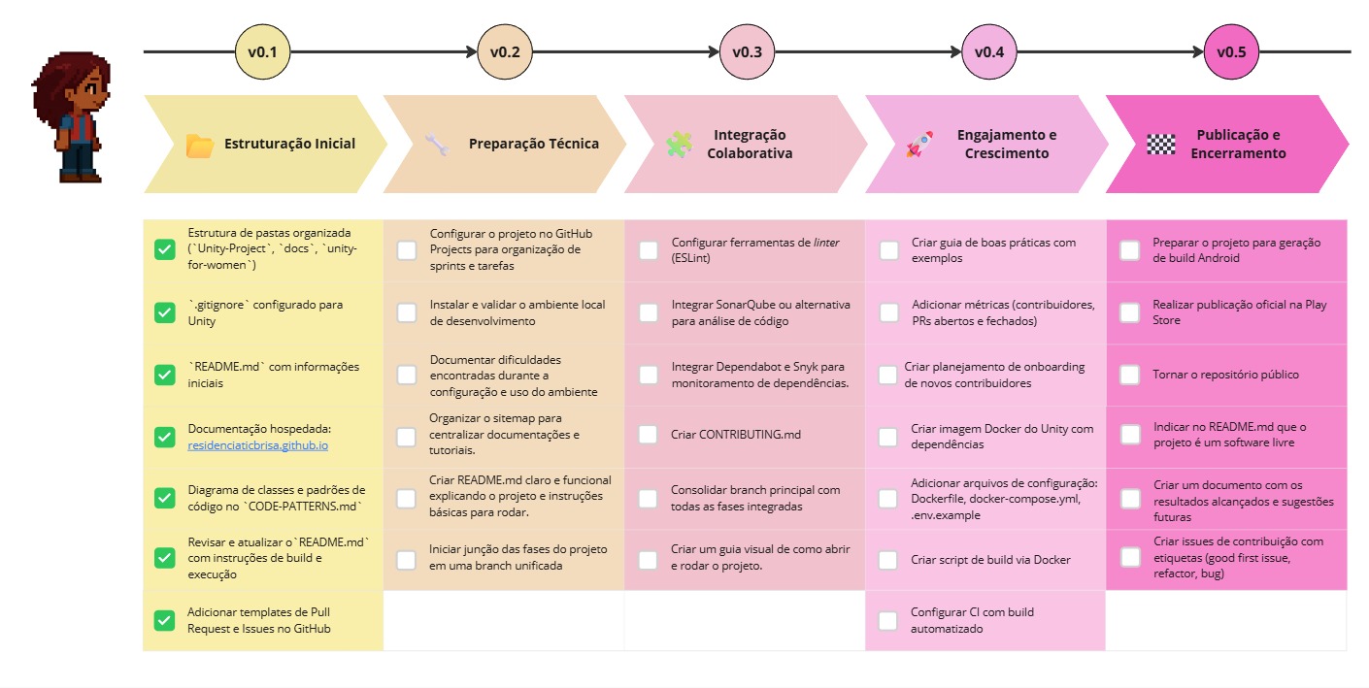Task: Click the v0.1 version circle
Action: click(x=263, y=52)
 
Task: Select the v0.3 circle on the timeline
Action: click(x=747, y=52)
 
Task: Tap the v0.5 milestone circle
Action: click(x=1230, y=52)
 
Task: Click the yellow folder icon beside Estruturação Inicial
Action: click(x=199, y=146)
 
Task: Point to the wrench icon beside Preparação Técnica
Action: click(x=437, y=145)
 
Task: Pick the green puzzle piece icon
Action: click(x=679, y=145)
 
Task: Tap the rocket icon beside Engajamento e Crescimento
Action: click(x=918, y=145)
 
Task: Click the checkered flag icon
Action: click(x=1160, y=145)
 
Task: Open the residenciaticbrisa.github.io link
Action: click(x=258, y=444)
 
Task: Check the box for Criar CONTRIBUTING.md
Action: click(x=648, y=435)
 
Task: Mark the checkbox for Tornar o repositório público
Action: click(x=1129, y=375)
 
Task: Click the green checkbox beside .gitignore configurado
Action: click(x=165, y=312)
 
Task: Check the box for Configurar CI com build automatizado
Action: click(x=887, y=621)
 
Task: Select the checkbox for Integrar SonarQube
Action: click(x=648, y=312)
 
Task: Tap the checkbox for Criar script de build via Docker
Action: click(x=887, y=560)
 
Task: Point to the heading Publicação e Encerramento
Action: click(x=1237, y=145)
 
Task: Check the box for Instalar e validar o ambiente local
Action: click(x=407, y=312)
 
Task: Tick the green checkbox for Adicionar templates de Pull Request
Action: click(x=165, y=621)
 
